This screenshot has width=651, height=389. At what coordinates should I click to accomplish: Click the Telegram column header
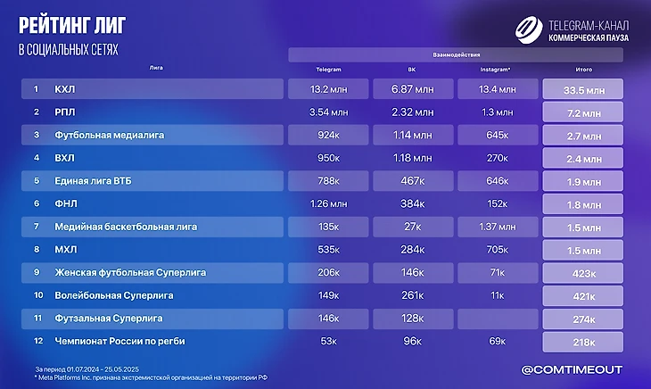329,69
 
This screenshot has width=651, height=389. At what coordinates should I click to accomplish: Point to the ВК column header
411,69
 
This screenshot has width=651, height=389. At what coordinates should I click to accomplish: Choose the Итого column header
583,69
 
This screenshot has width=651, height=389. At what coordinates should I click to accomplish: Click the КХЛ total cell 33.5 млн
583,89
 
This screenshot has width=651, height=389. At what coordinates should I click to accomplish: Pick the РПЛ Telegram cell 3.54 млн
328,112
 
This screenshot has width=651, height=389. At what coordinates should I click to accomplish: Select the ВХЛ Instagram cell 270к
498,158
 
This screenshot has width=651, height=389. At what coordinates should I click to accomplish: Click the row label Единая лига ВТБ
93,181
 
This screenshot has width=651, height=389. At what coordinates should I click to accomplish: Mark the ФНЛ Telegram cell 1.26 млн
328,203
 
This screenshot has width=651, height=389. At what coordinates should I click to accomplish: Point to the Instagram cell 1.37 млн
498,227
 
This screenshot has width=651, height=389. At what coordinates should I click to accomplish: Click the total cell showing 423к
583,273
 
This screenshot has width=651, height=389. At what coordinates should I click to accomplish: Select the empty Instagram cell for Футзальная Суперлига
498,318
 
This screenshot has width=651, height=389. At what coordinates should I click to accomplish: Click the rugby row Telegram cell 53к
328,341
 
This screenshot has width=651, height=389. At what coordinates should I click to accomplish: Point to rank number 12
37,341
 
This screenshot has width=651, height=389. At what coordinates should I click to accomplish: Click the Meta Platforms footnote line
152,377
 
